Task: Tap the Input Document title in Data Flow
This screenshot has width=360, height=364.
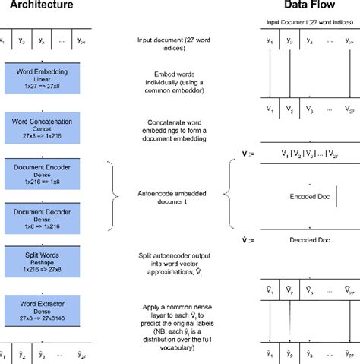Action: point(306,24)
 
